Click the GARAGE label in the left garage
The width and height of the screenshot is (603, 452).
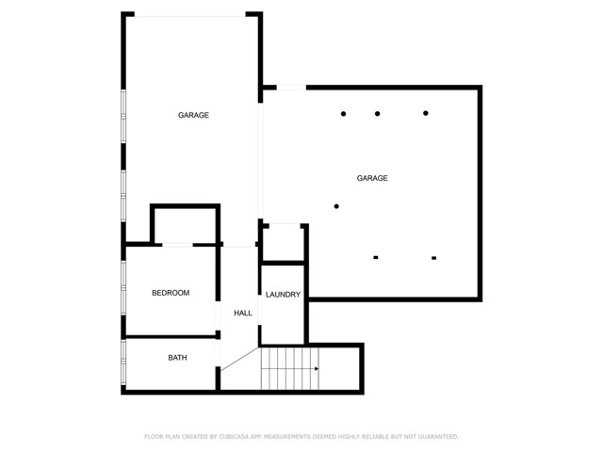click(193, 116)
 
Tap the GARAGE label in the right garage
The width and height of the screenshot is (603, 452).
click(371, 178)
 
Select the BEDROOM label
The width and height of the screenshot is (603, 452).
click(171, 293)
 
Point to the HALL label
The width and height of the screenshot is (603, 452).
click(243, 313)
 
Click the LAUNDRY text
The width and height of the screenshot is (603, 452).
click(283, 295)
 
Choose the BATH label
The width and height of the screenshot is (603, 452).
click(177, 358)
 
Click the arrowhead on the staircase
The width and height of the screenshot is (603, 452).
click(316, 369)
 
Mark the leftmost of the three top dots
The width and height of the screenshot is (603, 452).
click(343, 114)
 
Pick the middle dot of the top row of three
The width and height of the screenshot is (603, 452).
click(377, 114)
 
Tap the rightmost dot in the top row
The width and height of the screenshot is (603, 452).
click(426, 114)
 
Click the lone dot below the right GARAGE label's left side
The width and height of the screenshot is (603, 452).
click(336, 206)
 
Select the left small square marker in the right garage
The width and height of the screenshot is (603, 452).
click(376, 257)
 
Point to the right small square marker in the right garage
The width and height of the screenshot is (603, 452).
click(434, 257)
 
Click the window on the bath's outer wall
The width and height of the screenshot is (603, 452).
click(123, 363)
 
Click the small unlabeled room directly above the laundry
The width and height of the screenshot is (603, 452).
click(283, 243)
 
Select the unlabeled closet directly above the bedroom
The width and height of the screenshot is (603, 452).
click(185, 225)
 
